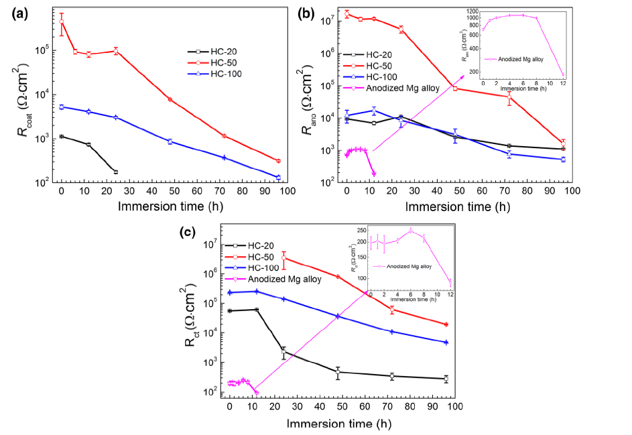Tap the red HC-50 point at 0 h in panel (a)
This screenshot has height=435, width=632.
coord(62,21)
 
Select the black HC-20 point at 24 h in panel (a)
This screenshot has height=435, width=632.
coord(116,172)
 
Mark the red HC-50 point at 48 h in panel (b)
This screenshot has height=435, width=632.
coord(456,88)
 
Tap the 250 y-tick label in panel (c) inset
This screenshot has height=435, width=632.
coord(361,231)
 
